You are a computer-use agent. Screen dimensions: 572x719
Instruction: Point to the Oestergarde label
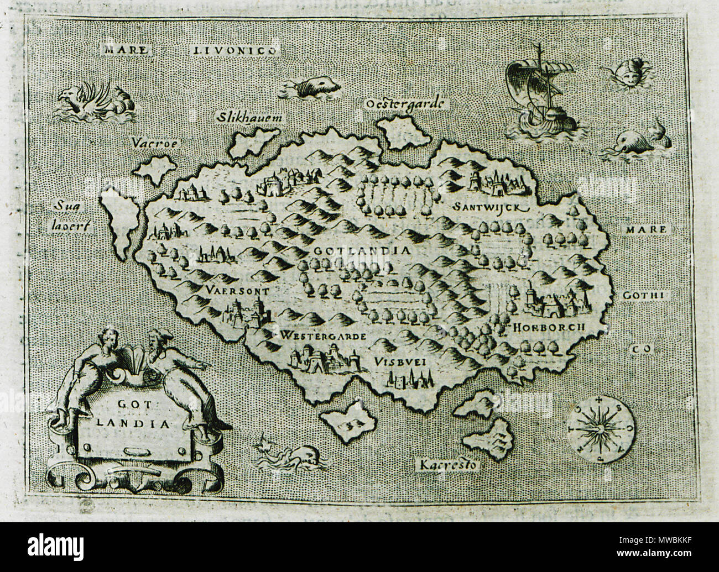click(406, 103)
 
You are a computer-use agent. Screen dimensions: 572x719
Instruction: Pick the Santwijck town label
click(487, 207)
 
